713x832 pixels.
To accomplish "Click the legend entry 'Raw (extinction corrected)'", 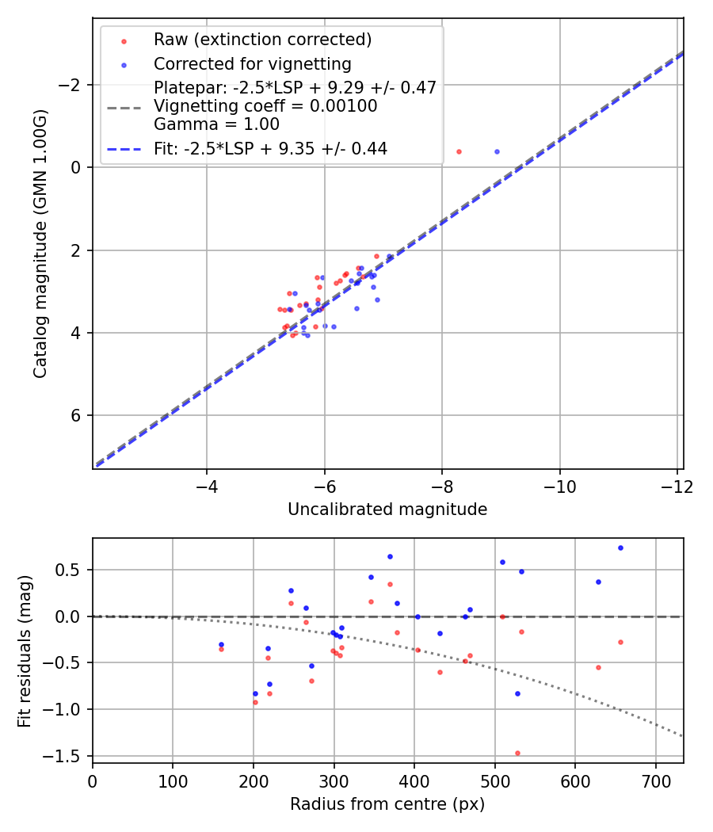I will tap(263, 40).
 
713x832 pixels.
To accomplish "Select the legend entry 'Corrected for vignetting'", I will tap(253, 63).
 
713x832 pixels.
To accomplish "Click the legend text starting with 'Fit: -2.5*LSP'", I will tap(270, 148).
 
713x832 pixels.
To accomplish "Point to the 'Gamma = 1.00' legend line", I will tap(216, 124).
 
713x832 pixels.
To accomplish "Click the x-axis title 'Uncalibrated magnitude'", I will tap(387, 509).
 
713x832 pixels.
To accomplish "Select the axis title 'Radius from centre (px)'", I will tap(387, 804).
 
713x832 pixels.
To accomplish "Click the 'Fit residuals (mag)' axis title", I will tap(25, 651).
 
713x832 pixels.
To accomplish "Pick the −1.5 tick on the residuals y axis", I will tap(70, 755).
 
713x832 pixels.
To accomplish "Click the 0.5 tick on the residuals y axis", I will tap(74, 570).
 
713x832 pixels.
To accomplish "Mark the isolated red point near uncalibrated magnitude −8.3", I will tap(459, 151).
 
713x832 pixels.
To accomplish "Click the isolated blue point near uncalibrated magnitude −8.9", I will tap(497, 151).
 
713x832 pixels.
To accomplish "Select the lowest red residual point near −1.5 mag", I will tap(517, 753).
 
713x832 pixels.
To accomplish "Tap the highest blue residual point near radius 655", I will tap(620, 548).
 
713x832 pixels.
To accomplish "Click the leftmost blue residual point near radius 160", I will tap(221, 644).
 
